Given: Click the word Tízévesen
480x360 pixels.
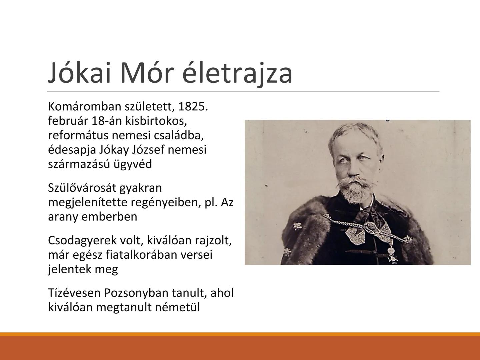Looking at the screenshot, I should [74, 293].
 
